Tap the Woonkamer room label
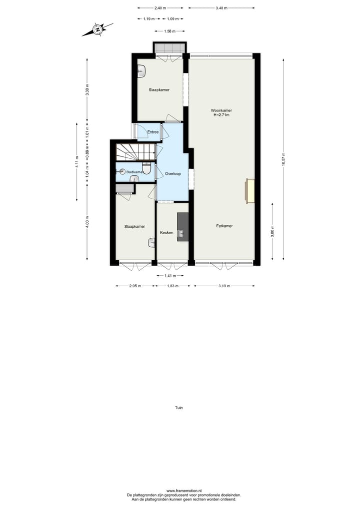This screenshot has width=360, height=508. [221, 110]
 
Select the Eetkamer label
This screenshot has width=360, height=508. [224, 226]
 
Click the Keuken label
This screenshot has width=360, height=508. [166, 233]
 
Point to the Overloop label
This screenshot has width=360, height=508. [172, 173]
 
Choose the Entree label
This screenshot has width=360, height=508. [152, 132]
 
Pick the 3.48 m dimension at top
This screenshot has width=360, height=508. [221, 8]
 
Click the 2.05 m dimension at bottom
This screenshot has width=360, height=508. [134, 286]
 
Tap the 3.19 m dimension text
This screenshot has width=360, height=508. [224, 286]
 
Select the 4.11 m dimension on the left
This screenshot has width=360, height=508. [77, 161]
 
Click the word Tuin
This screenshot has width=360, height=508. [179, 408]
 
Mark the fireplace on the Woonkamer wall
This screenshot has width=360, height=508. [249, 191]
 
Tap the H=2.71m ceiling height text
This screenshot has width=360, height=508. [221, 115]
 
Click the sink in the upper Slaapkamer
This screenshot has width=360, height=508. [140, 72]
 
